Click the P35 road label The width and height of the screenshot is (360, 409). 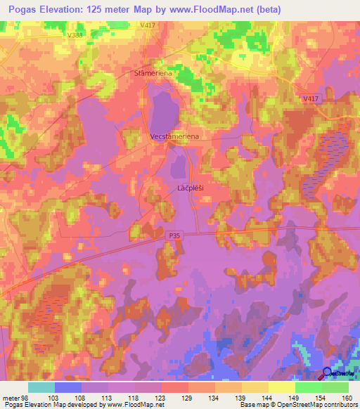[175, 238]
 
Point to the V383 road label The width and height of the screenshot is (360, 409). [77, 34]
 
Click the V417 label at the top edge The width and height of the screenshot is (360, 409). [147, 25]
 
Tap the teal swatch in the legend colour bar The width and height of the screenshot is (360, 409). [41, 387]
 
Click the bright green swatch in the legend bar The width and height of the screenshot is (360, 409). [308, 387]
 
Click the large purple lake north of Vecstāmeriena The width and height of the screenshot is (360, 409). [163, 111]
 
